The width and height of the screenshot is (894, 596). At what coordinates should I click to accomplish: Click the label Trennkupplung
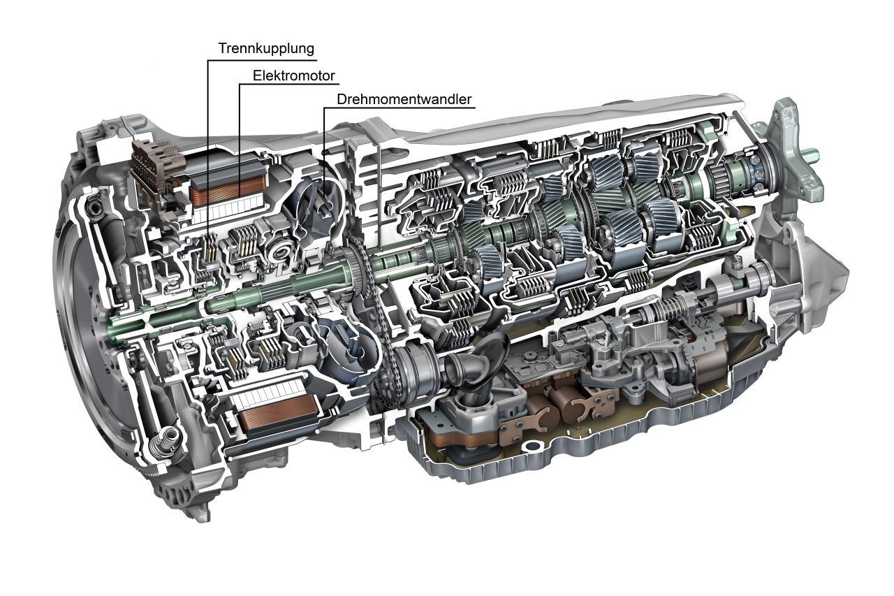click(266, 49)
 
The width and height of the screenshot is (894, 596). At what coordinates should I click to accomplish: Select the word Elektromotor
click(294, 76)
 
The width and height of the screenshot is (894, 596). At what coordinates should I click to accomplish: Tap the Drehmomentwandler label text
click(404, 99)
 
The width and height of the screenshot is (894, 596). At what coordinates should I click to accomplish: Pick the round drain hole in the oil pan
click(532, 446)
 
